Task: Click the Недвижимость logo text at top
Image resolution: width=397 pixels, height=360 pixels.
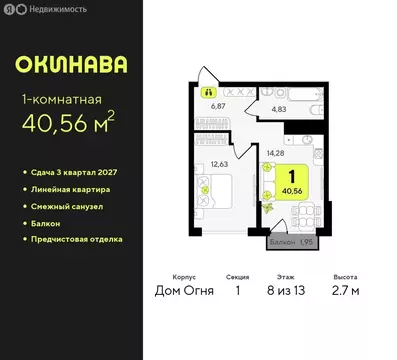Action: (40, 9)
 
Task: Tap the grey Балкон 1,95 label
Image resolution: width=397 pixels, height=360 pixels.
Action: (296, 241)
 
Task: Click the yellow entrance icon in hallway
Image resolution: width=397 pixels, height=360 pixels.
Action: (210, 91)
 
